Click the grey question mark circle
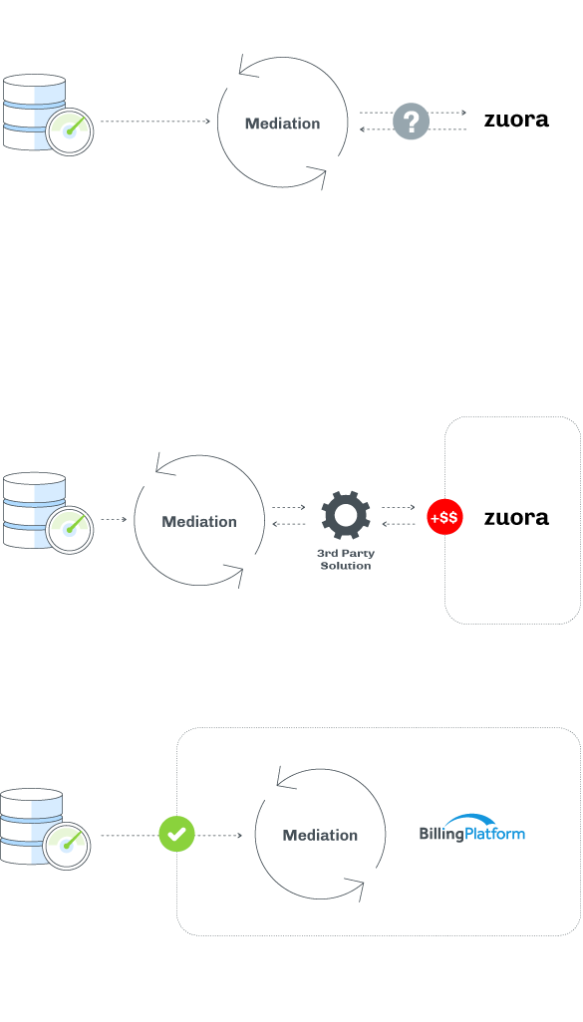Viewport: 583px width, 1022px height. point(411,122)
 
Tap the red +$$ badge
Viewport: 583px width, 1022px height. point(444,517)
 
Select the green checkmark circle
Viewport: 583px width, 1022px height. point(176,834)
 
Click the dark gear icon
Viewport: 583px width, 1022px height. point(346,515)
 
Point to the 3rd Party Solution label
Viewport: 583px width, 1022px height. point(346,559)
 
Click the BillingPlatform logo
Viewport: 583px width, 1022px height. point(472,828)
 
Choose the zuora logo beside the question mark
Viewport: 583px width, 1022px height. point(516,120)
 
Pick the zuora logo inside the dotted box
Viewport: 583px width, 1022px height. point(516,518)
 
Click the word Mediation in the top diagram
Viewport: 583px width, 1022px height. point(282,124)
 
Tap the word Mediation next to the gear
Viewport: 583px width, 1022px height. point(199,521)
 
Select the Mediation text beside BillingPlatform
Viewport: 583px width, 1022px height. point(320,835)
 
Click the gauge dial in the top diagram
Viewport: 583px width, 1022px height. point(69,131)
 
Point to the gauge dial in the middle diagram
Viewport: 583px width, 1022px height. point(69,530)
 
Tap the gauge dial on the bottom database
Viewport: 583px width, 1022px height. point(67,846)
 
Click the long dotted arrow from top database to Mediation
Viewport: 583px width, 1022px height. point(155,122)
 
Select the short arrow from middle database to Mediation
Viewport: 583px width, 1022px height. point(114,520)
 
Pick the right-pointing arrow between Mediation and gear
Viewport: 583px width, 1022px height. point(289,507)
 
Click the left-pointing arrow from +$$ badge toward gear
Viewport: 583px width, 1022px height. point(399,524)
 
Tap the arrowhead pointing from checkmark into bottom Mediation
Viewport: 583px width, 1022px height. point(240,835)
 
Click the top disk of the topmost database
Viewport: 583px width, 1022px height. point(34,81)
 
